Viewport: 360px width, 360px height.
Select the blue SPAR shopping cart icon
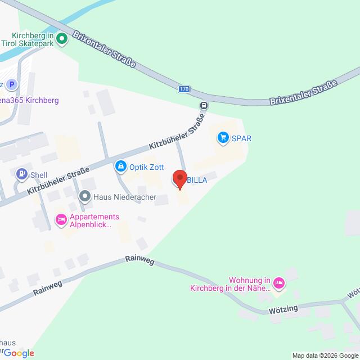click(x=223, y=137)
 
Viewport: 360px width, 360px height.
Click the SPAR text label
click(x=242, y=138)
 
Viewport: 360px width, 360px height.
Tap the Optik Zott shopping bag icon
click(x=120, y=166)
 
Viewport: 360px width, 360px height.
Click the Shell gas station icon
click(x=22, y=174)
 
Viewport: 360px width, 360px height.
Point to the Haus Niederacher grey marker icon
click(x=85, y=196)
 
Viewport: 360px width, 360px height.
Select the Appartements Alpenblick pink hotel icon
click(x=60, y=218)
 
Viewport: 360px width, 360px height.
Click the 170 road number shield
click(x=184, y=89)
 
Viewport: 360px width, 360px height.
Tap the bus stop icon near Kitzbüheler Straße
click(x=204, y=105)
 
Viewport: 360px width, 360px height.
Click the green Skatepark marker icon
click(x=62, y=39)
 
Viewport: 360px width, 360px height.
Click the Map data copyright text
click(x=325, y=355)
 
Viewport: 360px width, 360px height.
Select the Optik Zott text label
click(x=147, y=166)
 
